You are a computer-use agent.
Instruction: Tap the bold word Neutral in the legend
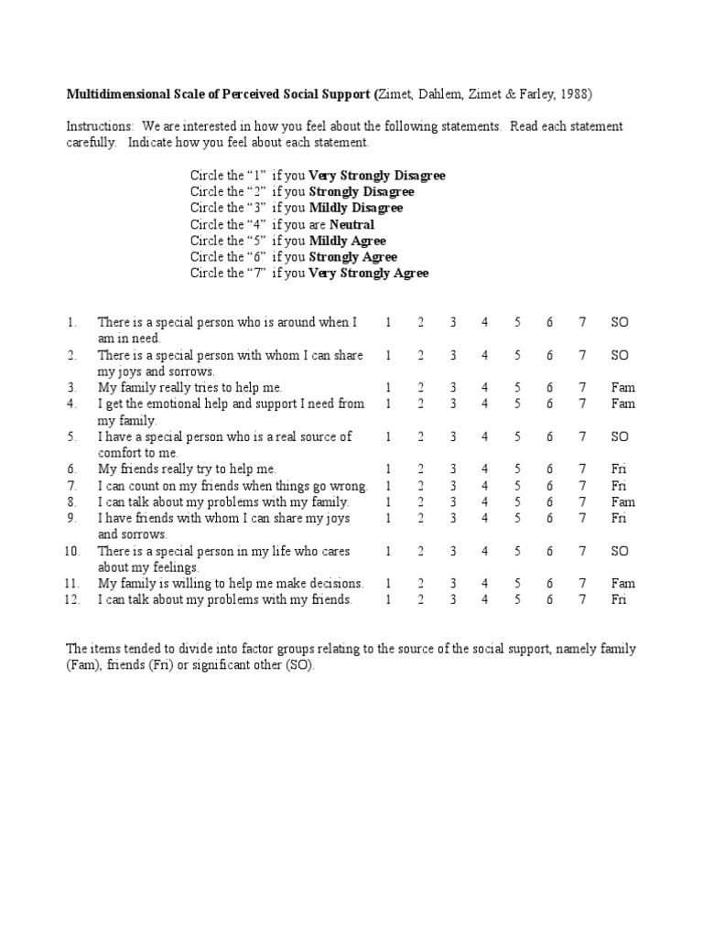click(x=351, y=224)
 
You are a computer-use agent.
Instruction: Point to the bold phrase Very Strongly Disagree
click(x=377, y=175)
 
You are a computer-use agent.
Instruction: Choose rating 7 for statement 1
click(x=582, y=322)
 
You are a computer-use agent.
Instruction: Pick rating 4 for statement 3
click(x=485, y=388)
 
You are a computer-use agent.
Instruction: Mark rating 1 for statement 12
click(x=388, y=600)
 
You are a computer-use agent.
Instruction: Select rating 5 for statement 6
click(x=517, y=469)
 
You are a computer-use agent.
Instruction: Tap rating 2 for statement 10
click(x=420, y=552)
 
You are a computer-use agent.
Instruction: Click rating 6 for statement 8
click(x=550, y=502)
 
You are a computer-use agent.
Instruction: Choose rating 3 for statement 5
click(x=452, y=437)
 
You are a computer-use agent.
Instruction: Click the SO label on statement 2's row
click(x=620, y=355)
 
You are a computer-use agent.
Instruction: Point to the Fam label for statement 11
click(x=623, y=584)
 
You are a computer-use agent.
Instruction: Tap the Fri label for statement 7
click(x=620, y=486)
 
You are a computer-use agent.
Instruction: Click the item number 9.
click(x=71, y=519)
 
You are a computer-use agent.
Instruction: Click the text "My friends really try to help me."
click(x=187, y=469)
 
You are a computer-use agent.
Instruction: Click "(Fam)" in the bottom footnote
click(x=83, y=666)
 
